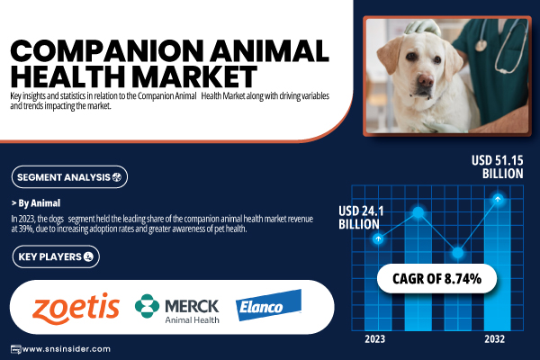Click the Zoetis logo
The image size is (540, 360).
[x=76, y=309]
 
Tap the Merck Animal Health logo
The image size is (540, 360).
[x=177, y=309]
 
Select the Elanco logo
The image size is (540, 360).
[x=268, y=305]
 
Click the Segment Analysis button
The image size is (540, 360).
[x=69, y=177]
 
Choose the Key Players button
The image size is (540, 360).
[x=56, y=256]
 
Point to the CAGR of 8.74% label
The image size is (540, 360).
[x=436, y=279]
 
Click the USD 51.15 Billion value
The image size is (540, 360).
[x=498, y=166]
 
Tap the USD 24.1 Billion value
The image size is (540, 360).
[x=361, y=218]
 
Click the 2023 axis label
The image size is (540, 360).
[x=375, y=339]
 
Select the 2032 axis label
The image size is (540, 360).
[x=494, y=339]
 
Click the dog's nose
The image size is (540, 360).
[x=426, y=81]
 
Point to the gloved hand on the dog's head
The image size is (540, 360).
[x=422, y=27]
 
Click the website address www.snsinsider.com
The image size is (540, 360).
[x=66, y=349]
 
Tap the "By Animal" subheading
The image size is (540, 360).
[x=36, y=203]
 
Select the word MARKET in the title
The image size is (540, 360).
[x=194, y=76]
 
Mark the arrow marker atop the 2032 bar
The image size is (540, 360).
[x=498, y=199]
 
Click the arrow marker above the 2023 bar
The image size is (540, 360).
[x=378, y=238]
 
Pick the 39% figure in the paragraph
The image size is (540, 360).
[x=25, y=229]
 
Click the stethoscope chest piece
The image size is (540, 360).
[x=481, y=45]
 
